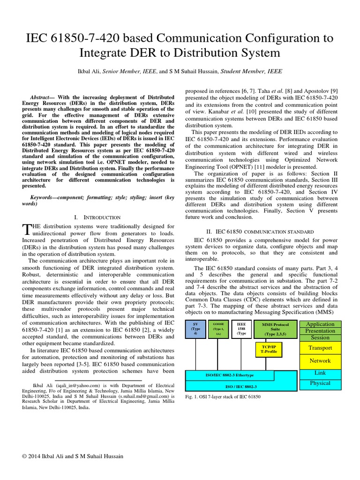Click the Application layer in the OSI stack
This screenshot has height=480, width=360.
tap(320, 324)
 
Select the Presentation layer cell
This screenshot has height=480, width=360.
tap(320, 331)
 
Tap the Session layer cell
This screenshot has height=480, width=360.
tap(320, 337)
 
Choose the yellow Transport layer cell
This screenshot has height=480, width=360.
tap(320, 348)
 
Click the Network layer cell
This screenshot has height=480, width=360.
tap(320, 361)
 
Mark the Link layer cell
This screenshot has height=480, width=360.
tap(320, 373)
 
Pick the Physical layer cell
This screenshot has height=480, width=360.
tap(320, 383)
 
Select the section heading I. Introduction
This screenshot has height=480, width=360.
tap(97, 217)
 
